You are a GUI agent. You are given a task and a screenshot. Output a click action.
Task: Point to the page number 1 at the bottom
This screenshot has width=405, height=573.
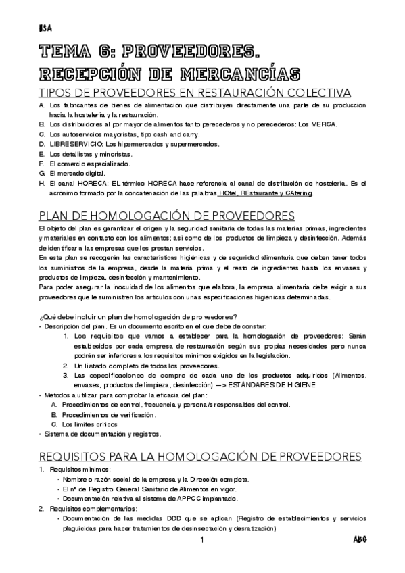202,541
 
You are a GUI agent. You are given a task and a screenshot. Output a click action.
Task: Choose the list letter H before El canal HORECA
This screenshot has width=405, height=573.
42,183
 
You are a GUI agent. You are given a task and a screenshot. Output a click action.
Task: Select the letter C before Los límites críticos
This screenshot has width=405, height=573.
54,424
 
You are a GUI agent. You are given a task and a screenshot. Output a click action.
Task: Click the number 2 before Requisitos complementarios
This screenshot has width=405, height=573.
41,508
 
